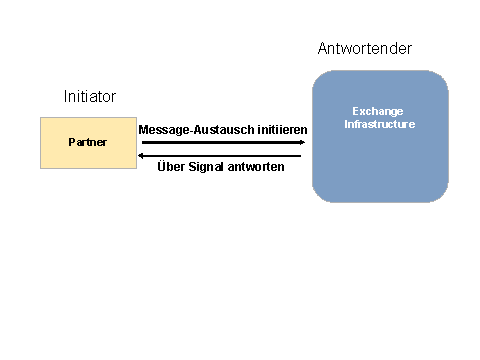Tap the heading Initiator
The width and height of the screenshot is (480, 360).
pos(90,97)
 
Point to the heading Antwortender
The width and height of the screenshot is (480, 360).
pos(364,49)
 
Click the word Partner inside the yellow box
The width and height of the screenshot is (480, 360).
pos(87,143)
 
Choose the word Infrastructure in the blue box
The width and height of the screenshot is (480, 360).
pos(379,124)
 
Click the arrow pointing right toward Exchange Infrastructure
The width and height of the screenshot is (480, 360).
pos(220,142)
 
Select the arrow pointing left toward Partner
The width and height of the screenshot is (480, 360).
pos(220,155)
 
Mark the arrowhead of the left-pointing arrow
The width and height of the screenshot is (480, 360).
pos(141,155)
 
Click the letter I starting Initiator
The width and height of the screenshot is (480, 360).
pos(65,97)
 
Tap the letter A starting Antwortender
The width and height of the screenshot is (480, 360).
pos(323,49)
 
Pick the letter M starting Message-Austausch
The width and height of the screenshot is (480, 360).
pos(143,130)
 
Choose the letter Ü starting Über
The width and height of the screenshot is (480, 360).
pos(163,166)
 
